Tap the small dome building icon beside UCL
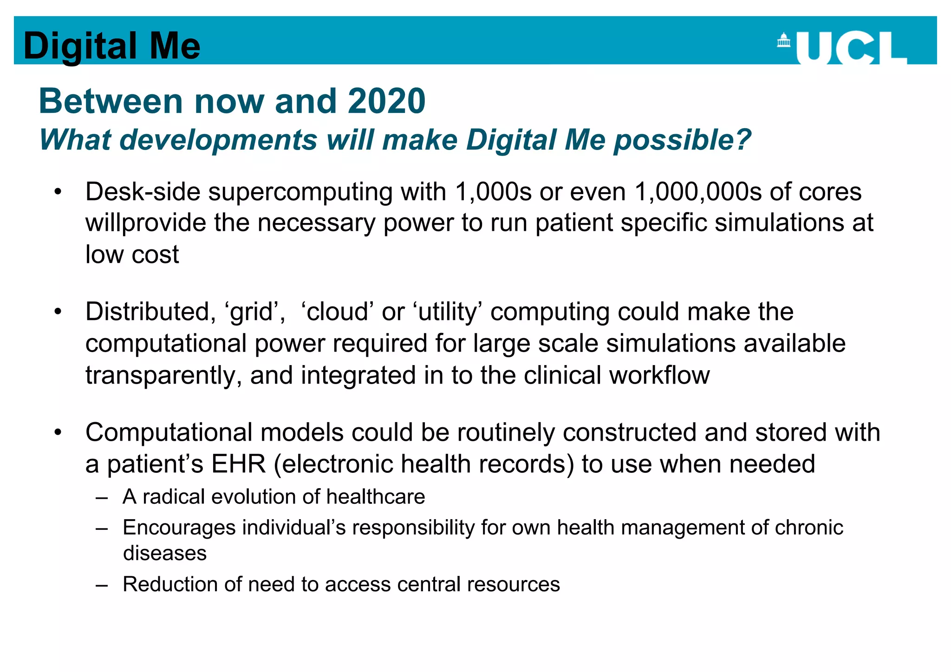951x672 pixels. pyautogui.click(x=783, y=40)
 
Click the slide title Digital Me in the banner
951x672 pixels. pyautogui.click(x=112, y=46)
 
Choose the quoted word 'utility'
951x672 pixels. pyautogui.click(x=448, y=312)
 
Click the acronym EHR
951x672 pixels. pyautogui.click(x=239, y=464)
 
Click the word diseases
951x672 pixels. pyautogui.click(x=165, y=554)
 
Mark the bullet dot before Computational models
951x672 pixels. pyautogui.click(x=58, y=432)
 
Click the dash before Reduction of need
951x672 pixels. pyautogui.click(x=102, y=585)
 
